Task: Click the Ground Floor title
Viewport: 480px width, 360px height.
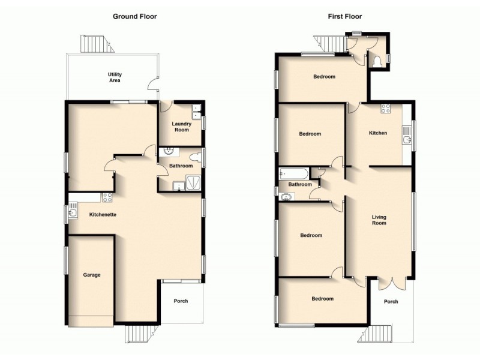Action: pos(135,16)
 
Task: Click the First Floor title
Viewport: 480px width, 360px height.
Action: pos(345,16)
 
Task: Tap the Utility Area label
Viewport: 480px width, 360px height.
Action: pos(115,77)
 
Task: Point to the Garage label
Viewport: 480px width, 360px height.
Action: pos(91,275)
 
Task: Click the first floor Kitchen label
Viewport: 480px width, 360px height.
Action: pos(377,133)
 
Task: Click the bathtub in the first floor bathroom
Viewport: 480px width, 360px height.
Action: pos(292,174)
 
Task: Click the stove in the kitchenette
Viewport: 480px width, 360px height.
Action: pos(107,196)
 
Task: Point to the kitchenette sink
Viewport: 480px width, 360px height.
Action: pos(73,211)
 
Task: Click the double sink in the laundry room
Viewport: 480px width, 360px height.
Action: pos(197,111)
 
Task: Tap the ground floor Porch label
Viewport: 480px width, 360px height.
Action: pos(181,301)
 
